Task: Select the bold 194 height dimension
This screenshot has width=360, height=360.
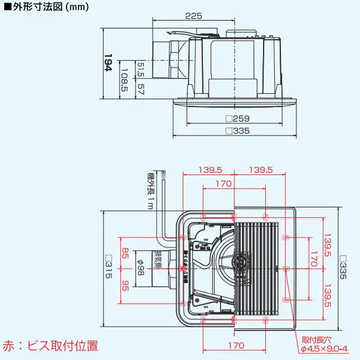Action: (108, 63)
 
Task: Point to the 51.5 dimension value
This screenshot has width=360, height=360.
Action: (140, 70)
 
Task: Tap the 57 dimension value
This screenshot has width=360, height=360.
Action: (140, 89)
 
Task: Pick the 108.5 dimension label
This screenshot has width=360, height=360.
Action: (124, 79)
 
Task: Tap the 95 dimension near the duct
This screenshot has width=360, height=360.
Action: (125, 286)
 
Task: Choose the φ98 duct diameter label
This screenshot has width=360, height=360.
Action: (140, 267)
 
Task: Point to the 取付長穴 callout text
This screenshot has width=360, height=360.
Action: (316, 340)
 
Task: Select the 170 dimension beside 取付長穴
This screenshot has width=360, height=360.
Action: (236, 345)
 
